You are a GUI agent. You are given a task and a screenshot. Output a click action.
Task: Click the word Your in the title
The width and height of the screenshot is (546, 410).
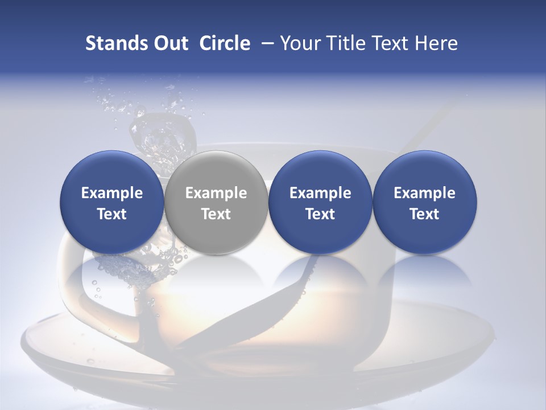pos(299,43)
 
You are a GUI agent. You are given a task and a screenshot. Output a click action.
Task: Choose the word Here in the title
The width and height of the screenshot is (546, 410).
pos(437,43)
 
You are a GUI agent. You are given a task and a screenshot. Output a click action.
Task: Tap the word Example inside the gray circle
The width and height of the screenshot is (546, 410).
pos(216,193)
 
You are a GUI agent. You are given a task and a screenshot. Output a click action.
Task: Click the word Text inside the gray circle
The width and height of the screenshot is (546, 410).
pos(216,214)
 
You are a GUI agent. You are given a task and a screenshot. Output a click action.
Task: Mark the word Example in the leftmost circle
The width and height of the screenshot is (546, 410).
pos(112,193)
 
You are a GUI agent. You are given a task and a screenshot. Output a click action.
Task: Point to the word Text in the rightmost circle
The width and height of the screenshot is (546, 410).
pos(425,214)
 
